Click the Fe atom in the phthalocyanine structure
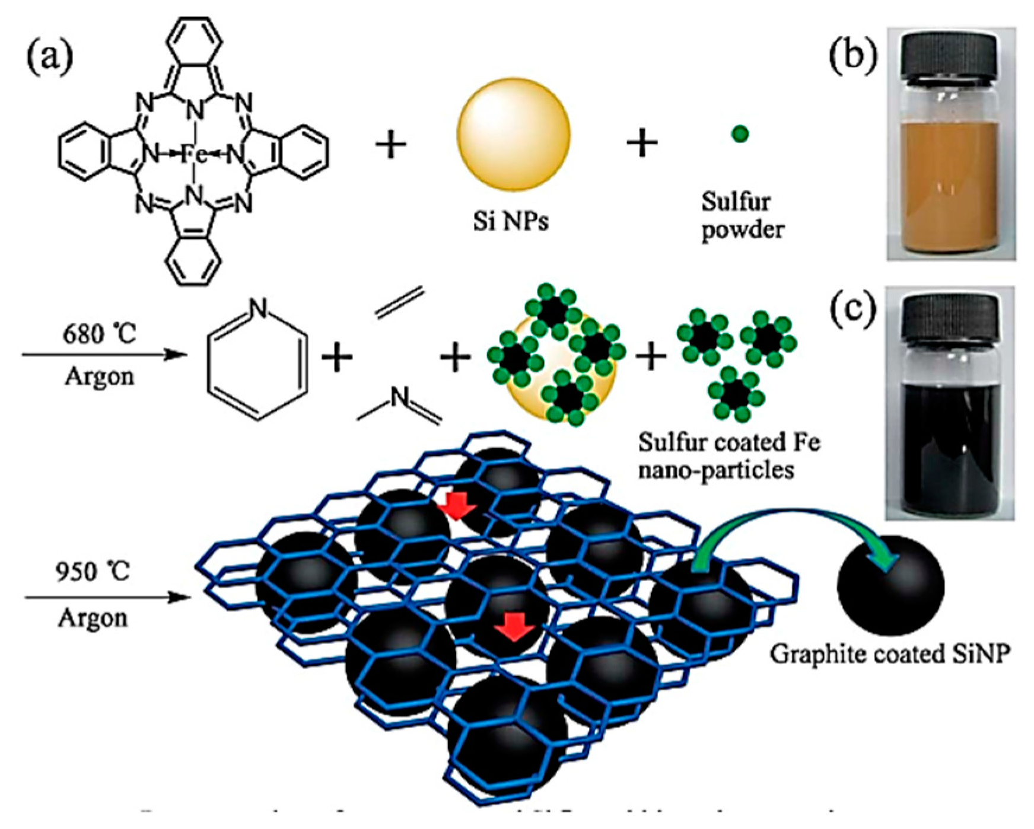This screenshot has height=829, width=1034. tap(193, 154)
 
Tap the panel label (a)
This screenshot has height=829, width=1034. tap(50, 58)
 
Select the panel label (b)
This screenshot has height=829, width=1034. tap(852, 58)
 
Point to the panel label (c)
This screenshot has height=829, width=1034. tap(852, 311)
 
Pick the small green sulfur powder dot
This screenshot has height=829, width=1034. tap(740, 134)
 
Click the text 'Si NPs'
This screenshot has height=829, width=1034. tap(510, 221)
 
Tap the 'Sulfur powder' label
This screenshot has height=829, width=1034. tap(742, 215)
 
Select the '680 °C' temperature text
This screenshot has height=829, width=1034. tap(99, 334)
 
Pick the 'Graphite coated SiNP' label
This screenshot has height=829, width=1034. tap(890, 654)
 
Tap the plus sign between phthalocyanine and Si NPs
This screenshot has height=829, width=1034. tap(391, 144)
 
